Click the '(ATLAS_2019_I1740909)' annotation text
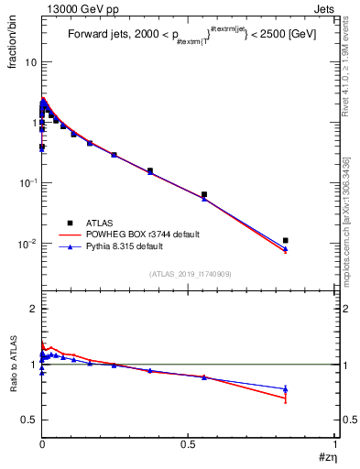(191, 274)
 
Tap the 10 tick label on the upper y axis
(29, 62)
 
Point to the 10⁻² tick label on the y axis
(27, 244)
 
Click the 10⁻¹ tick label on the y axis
(27, 183)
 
